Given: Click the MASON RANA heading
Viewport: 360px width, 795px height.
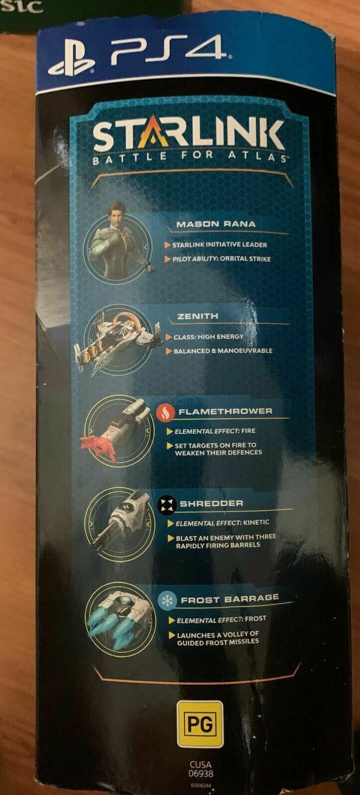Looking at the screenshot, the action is tap(216, 225).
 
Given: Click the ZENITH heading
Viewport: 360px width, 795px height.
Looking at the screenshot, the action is tap(197, 316).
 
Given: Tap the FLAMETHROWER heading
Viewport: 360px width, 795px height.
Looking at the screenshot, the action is tap(226, 412).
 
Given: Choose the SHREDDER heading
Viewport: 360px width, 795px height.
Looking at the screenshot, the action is tap(212, 503).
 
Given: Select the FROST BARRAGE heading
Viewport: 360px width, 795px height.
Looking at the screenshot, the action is tap(230, 599).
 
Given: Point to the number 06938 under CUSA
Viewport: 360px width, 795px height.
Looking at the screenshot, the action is tap(201, 773).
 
